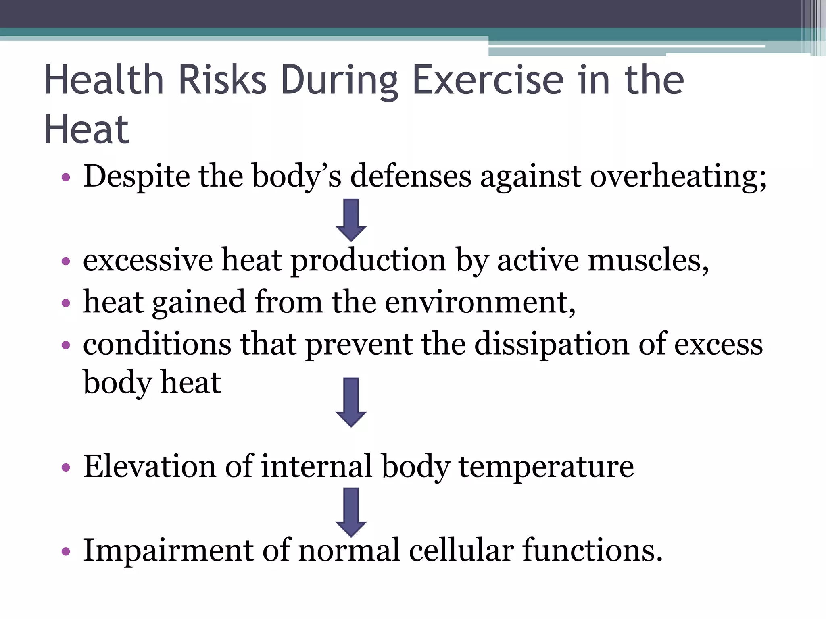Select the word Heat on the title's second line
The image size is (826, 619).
tap(86, 129)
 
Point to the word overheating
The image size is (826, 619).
tap(678, 176)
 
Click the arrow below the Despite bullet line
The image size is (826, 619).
tap(351, 220)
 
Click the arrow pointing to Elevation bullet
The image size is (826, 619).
tap(351, 402)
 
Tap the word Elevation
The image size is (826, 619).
tap(150, 466)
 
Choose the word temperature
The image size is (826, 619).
tap(546, 466)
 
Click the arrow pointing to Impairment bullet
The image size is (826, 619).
tap(351, 512)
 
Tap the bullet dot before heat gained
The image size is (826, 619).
tap(66, 303)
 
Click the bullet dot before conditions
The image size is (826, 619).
tap(66, 345)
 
